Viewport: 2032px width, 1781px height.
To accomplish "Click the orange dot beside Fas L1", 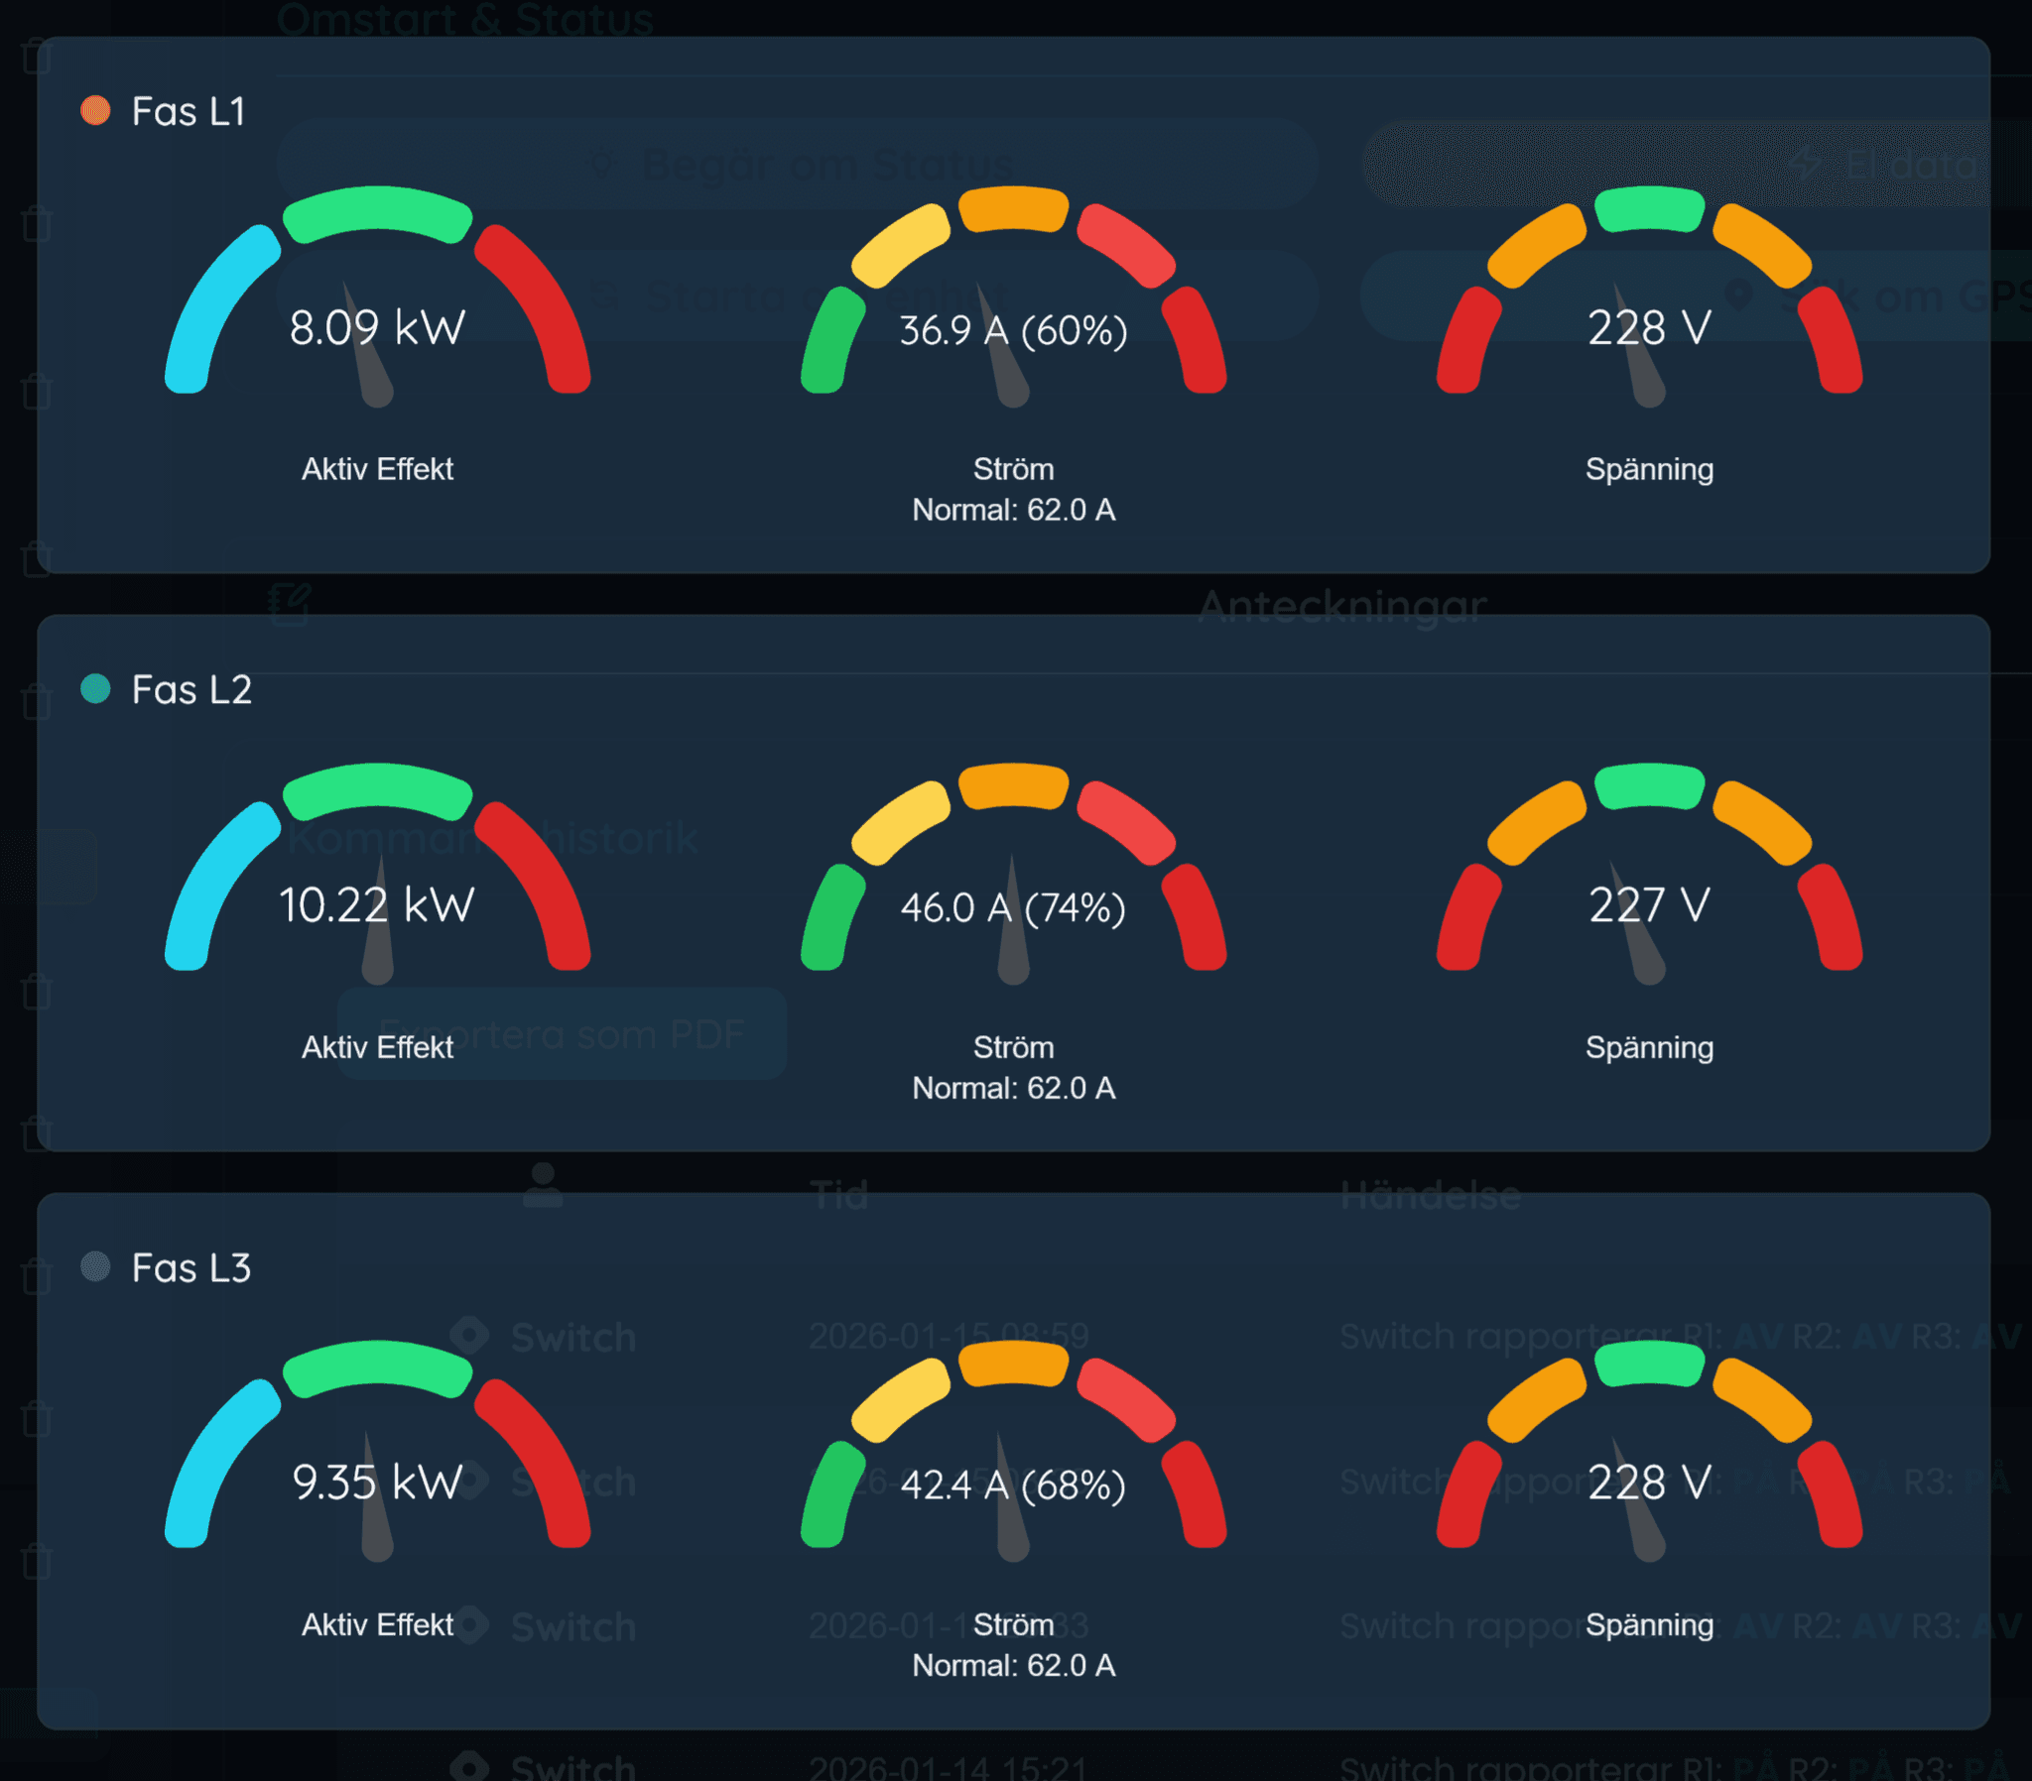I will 95,110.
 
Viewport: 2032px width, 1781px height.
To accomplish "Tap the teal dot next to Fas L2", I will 95,688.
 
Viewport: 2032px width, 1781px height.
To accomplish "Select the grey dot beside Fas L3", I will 95,1266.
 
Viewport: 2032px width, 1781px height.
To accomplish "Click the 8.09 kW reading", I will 377,328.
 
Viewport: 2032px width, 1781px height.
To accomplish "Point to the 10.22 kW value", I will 377,905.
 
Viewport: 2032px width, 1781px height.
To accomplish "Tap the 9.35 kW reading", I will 377,1483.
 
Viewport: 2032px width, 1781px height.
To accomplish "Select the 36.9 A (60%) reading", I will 1013,330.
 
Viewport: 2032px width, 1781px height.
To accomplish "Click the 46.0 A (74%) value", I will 1013,907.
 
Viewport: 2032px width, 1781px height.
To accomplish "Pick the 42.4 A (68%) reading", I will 1013,1484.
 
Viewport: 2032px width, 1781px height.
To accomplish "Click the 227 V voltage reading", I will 1649,905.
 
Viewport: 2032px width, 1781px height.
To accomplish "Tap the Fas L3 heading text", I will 190,1267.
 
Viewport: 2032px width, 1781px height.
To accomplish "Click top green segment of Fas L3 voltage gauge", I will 1649,1363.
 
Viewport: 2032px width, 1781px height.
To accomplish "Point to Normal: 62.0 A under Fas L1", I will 1013,510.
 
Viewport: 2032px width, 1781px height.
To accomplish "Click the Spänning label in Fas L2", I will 1649,1046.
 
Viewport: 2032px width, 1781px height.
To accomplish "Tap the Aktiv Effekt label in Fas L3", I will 377,1624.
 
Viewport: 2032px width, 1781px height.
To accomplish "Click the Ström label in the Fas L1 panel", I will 1013,469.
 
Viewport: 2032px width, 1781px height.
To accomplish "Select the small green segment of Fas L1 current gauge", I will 832,341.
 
